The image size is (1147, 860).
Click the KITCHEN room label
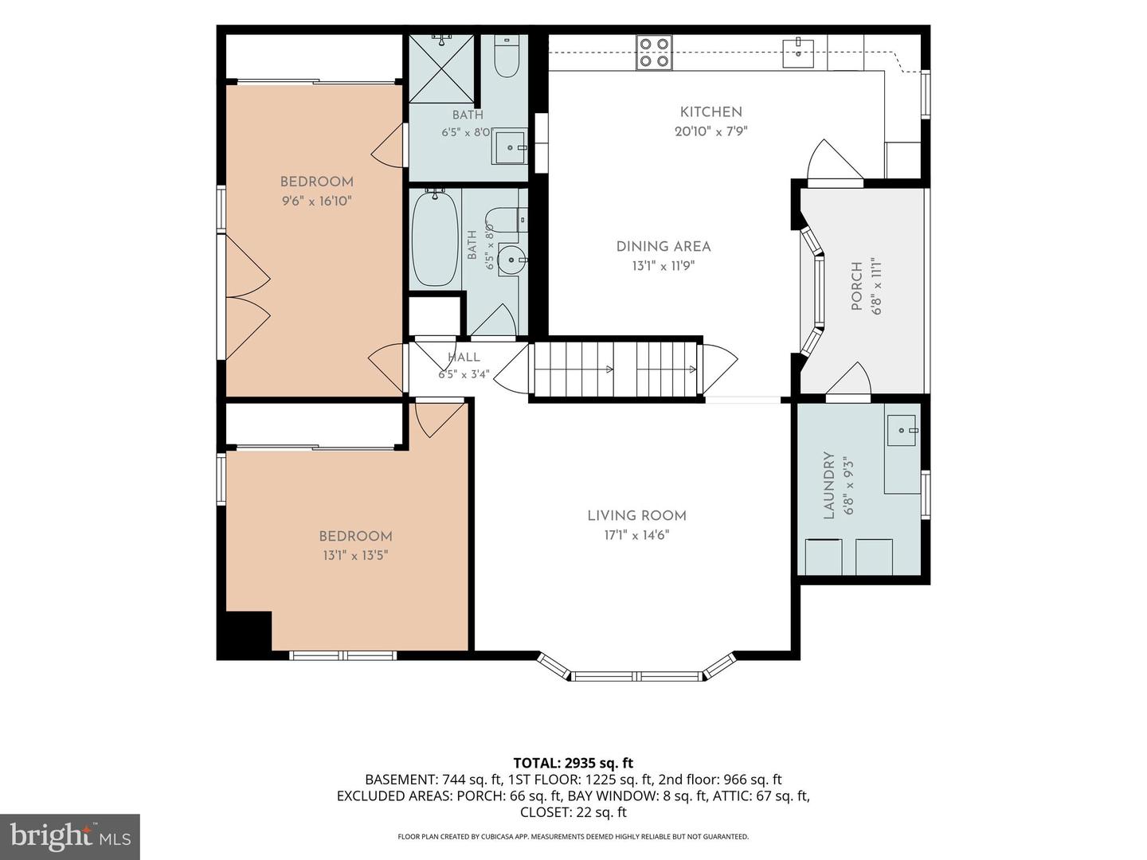coord(711,112)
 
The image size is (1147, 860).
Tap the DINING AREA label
coord(664,247)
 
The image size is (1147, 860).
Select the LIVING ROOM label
coord(636,516)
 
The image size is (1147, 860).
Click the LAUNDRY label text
coord(828,485)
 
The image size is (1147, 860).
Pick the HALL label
coord(464,358)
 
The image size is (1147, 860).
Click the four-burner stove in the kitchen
coord(654,53)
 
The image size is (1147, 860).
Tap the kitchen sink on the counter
coord(798,53)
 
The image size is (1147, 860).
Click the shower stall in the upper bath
coord(441,68)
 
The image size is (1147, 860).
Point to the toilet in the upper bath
coord(507,57)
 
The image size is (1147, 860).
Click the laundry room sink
coord(902,430)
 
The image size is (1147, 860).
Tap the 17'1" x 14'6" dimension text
coord(636,535)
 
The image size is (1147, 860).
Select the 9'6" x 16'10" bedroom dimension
coord(317,201)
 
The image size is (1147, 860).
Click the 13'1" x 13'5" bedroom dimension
coord(355,555)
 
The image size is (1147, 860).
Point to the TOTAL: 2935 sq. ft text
coord(573,763)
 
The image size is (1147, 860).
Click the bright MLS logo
coord(70,837)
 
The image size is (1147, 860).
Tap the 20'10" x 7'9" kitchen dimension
coord(711,131)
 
